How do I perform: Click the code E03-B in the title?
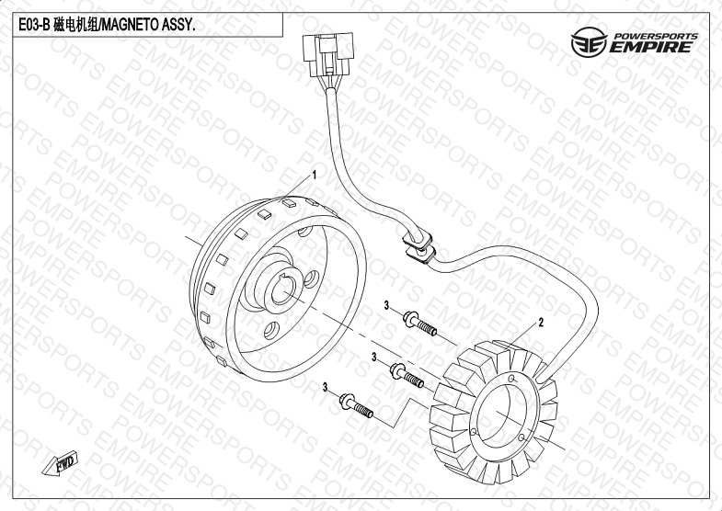point(34,25)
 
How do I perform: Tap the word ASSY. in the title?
point(178,25)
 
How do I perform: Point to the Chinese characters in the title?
point(75,25)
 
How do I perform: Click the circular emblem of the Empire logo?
point(589,42)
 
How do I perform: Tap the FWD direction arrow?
point(61,463)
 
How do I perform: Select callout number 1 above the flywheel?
point(315,175)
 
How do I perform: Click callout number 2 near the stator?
point(541,323)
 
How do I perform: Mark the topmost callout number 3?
point(387,305)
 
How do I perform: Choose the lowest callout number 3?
point(325,388)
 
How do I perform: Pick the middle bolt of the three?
point(407,375)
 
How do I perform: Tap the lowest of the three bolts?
point(356,405)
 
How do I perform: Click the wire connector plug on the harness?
point(328,54)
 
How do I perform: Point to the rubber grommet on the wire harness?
point(419,247)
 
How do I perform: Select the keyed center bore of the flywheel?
point(282,290)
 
